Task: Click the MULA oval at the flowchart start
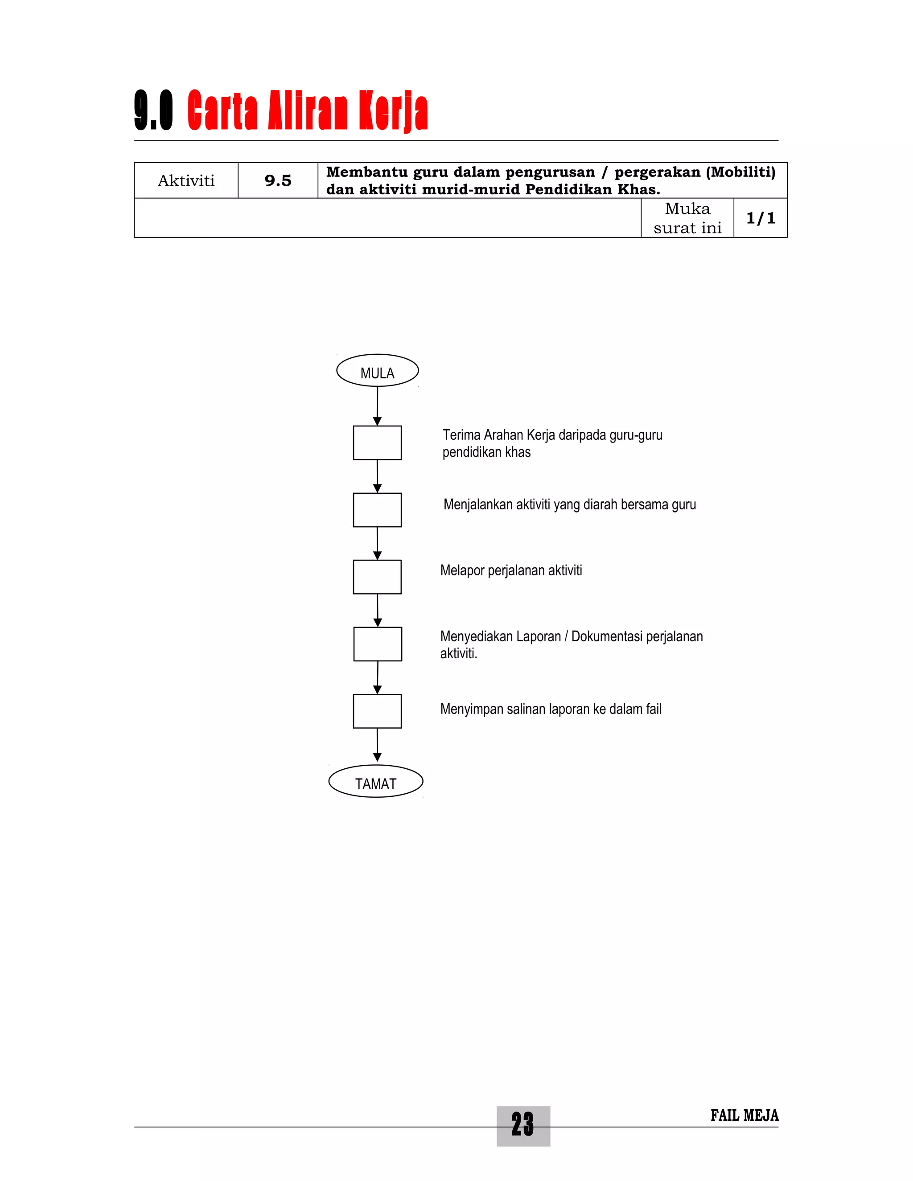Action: tap(377, 371)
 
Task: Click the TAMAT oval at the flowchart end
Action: tap(375, 782)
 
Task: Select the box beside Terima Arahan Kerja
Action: tap(377, 443)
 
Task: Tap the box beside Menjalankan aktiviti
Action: tap(377, 510)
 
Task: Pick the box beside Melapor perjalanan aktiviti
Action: tap(377, 577)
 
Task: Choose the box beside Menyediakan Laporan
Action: tap(378, 644)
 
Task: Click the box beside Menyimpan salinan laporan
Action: tap(377, 711)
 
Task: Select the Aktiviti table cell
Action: tap(186, 180)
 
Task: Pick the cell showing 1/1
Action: tap(761, 218)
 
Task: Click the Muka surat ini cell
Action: tap(687, 218)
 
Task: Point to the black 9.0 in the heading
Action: tap(154, 111)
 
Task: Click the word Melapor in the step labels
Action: tap(462, 570)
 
